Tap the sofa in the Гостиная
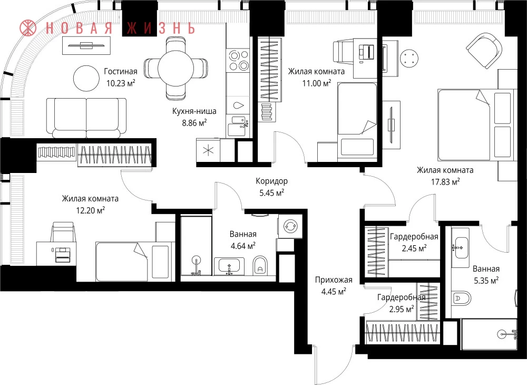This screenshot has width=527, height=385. (x=86, y=118)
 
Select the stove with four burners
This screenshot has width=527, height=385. (x=238, y=60)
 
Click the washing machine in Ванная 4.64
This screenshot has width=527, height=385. (x=289, y=226)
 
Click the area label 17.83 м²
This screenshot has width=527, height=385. (x=445, y=182)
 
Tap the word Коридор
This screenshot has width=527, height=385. (x=271, y=181)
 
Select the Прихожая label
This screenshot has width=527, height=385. (x=334, y=280)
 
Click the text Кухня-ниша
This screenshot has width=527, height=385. (x=194, y=111)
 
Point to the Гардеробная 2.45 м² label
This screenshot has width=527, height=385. (x=414, y=243)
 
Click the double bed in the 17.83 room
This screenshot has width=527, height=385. (x=475, y=125)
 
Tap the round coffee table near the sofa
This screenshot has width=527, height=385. (x=86, y=79)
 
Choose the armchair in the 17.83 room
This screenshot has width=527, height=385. (x=484, y=51)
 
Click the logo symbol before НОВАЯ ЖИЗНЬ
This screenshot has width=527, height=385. (x=28, y=28)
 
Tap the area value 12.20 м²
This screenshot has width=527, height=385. (x=91, y=210)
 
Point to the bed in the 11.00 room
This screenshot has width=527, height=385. (x=357, y=119)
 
